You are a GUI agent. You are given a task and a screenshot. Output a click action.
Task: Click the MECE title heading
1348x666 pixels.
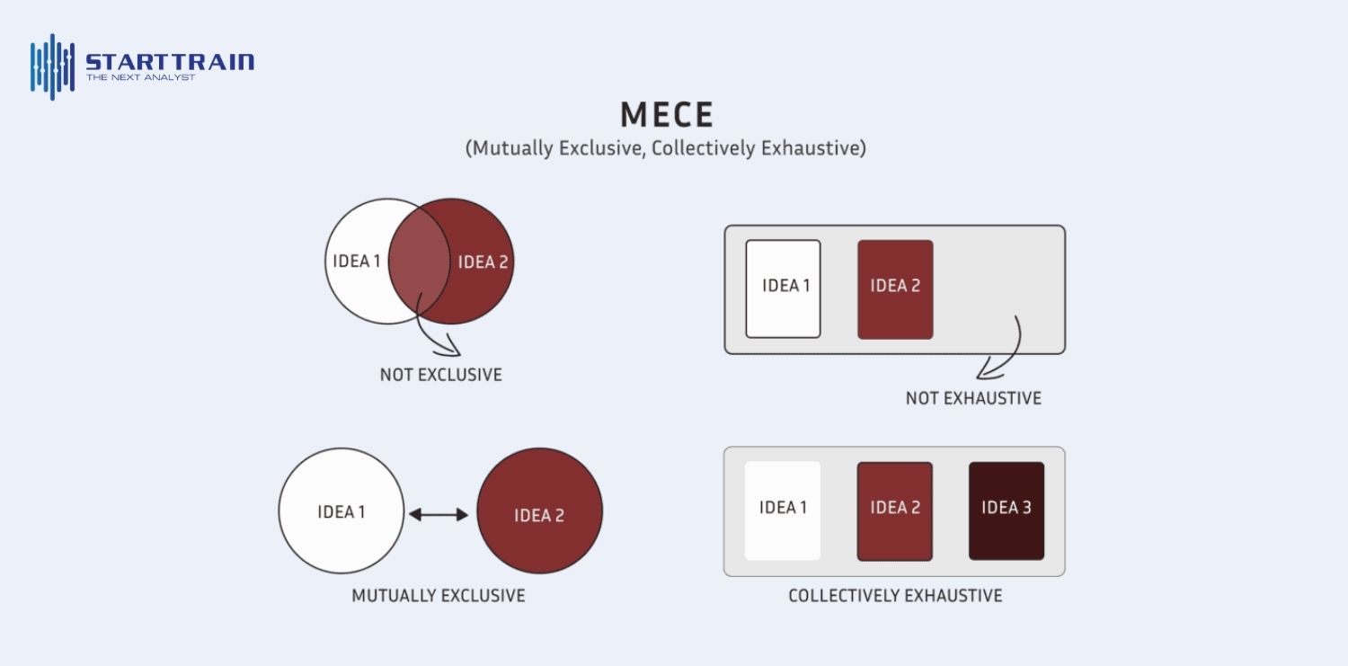pyautogui.click(x=667, y=114)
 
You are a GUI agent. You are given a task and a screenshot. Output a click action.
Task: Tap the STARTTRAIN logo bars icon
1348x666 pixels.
pyautogui.click(x=53, y=67)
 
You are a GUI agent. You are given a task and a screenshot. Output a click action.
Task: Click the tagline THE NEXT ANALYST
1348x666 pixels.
pyautogui.click(x=141, y=77)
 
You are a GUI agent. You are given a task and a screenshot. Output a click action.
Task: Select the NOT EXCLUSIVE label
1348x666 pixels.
pyautogui.click(x=441, y=375)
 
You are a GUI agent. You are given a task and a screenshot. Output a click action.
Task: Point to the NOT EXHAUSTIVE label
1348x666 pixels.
pyautogui.click(x=973, y=398)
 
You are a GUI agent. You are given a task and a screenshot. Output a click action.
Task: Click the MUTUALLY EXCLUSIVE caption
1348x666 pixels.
pyautogui.click(x=439, y=596)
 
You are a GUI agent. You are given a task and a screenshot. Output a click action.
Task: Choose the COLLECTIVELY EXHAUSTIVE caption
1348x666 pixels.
pyautogui.click(x=895, y=596)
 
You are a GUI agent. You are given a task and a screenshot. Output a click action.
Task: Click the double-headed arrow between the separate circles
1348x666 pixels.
pyautogui.click(x=439, y=514)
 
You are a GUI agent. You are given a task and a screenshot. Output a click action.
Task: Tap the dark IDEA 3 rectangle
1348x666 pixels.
pyautogui.click(x=1007, y=511)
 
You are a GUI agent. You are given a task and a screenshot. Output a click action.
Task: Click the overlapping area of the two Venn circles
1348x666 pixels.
pyautogui.click(x=419, y=262)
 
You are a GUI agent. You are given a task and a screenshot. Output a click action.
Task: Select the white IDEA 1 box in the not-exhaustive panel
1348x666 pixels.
pyautogui.click(x=783, y=289)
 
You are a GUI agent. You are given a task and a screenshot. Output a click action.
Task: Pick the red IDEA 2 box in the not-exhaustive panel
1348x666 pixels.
pyautogui.click(x=895, y=289)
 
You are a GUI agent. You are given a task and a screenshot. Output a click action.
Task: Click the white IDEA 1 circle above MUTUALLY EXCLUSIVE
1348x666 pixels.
pyautogui.click(x=341, y=511)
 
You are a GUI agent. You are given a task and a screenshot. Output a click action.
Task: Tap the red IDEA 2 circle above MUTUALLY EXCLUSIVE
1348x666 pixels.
pyautogui.click(x=540, y=511)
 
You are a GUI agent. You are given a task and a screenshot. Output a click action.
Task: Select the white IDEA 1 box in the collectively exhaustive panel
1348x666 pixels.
pyautogui.click(x=783, y=511)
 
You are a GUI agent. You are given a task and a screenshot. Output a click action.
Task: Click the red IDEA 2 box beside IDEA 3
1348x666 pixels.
pyautogui.click(x=895, y=511)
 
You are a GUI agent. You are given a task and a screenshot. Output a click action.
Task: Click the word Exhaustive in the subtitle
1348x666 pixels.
pyautogui.click(x=813, y=148)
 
